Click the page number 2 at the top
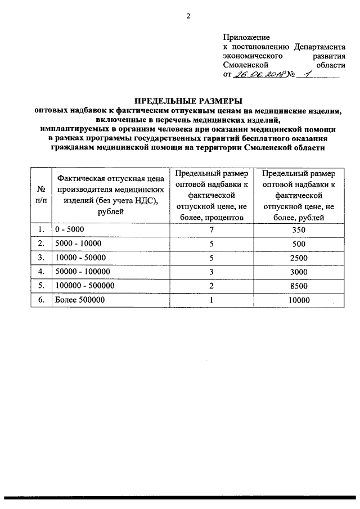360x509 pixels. [x=188, y=16]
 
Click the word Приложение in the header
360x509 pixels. [x=247, y=37]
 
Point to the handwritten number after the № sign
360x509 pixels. [x=307, y=74]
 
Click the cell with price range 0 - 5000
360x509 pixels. [x=69, y=229]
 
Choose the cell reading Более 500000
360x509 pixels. [x=79, y=300]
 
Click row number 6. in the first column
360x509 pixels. [x=40, y=300]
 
